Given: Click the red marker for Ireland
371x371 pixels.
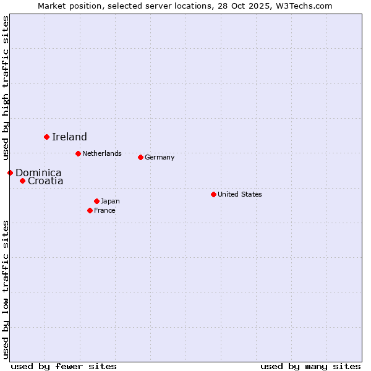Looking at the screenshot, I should tap(46, 137).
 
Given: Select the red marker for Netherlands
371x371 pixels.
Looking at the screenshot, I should tap(78, 153).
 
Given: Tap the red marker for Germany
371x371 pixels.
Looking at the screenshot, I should tap(140, 157).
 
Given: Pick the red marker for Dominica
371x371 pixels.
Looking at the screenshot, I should tap(10, 173).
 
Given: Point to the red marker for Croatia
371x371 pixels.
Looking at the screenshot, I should tap(22, 181).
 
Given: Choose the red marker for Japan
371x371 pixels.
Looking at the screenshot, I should tap(96, 201).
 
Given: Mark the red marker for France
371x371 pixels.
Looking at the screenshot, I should tap(90, 210).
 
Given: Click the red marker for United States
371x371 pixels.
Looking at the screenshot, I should tap(213, 194).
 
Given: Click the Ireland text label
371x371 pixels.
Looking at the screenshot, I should tap(69, 137).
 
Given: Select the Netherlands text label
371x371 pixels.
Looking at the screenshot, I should tap(102, 153).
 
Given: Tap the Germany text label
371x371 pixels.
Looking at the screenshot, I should tap(160, 157).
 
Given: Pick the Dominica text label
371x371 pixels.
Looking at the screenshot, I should tap(38, 173).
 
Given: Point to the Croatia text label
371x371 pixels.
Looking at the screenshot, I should tap(46, 181).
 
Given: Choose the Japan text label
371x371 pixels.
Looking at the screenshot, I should tap(110, 201).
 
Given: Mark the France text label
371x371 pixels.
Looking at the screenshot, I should tap(104, 210).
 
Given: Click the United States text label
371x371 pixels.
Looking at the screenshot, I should tap(240, 194).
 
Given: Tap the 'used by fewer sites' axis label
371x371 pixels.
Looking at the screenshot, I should tap(64, 366).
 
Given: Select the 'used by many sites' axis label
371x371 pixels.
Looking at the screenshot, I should tap(310, 366).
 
